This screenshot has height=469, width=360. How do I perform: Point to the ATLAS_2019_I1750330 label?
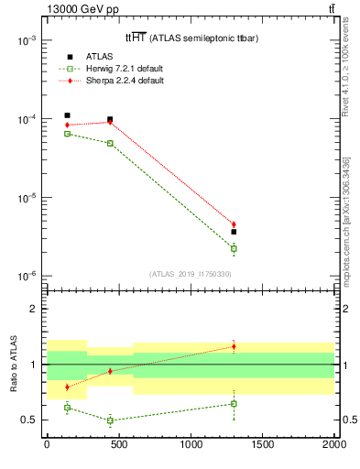coord(190,273)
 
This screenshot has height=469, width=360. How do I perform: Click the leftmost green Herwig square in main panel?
coord(67,134)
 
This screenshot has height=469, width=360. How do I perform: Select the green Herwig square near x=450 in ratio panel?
coord(110,420)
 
